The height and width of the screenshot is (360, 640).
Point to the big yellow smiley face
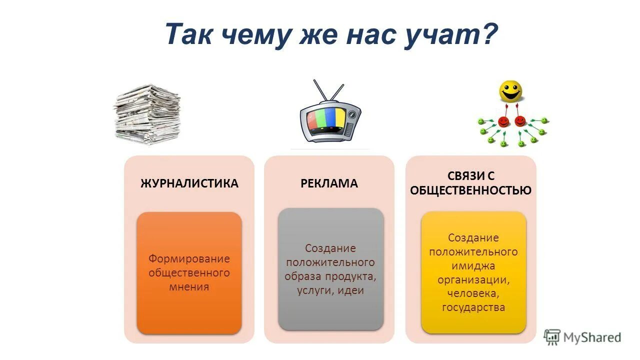point(510,92)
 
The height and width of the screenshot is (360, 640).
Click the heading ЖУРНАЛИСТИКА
point(189,183)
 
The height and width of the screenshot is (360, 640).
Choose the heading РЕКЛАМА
point(329,183)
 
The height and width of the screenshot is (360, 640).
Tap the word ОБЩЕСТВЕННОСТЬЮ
point(470,190)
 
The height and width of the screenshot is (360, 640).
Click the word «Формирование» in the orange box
point(189,259)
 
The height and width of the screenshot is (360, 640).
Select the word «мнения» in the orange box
point(189,287)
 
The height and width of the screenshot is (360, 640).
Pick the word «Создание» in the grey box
point(330,248)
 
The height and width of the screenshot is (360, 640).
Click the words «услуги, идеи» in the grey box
point(330,290)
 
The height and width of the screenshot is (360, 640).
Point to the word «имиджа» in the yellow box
point(473,266)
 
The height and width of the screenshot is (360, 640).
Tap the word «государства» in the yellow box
point(473,307)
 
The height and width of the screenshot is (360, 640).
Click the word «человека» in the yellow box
point(473,293)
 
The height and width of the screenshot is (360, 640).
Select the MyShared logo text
point(591,337)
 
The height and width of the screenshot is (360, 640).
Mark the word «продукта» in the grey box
point(354,276)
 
